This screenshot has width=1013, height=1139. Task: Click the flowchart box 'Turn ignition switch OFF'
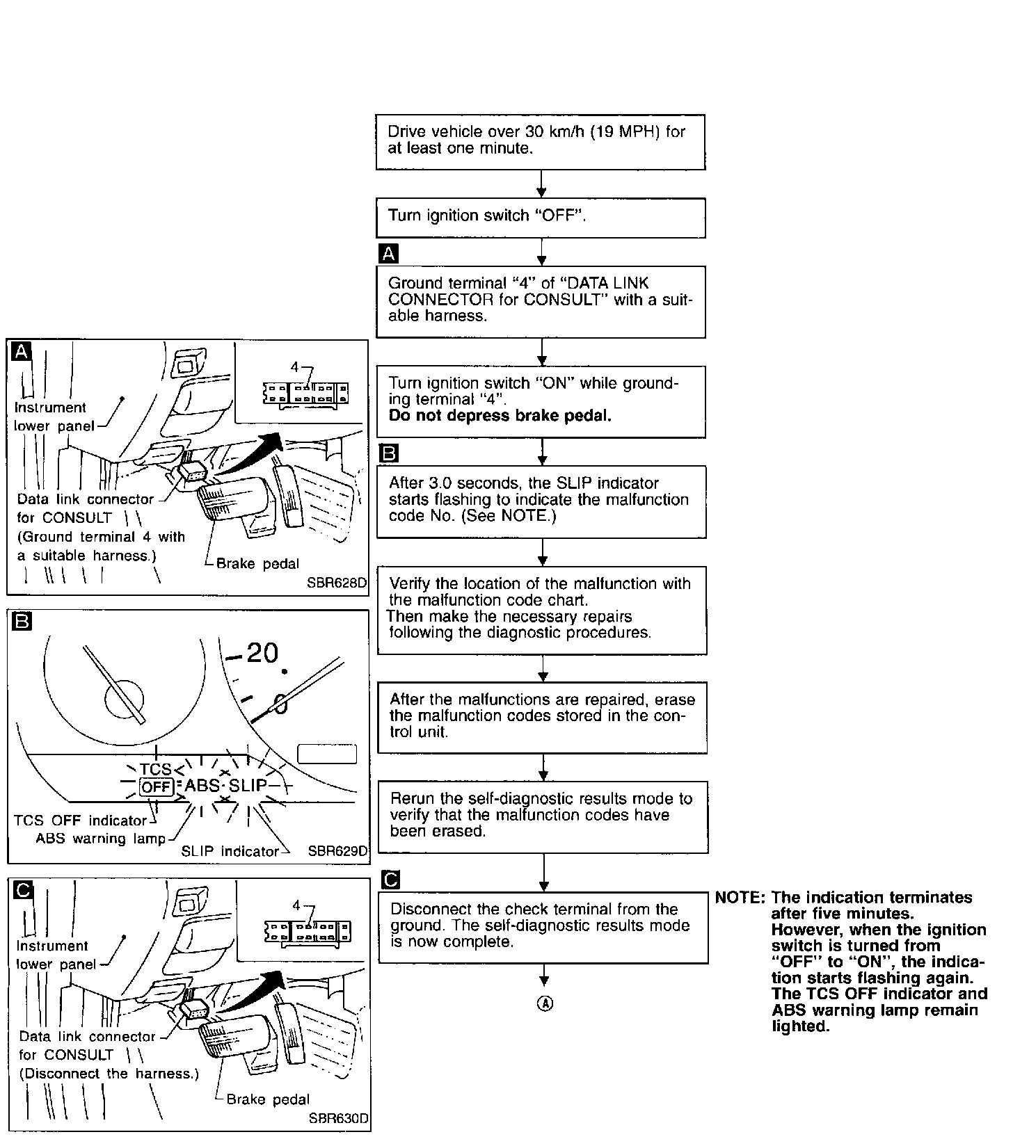pyautogui.click(x=541, y=217)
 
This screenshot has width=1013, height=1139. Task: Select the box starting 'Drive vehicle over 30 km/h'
pyautogui.click(x=541, y=141)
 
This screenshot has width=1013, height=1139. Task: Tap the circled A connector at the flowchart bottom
pyautogui.click(x=545, y=1003)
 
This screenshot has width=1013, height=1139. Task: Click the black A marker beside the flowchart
pyautogui.click(x=388, y=254)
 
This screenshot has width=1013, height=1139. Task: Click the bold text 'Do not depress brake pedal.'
pyautogui.click(x=500, y=416)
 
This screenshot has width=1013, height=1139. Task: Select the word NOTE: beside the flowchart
pyautogui.click(x=740, y=898)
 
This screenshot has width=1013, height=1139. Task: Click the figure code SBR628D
pyautogui.click(x=337, y=583)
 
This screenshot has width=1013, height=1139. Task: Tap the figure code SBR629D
pyautogui.click(x=338, y=850)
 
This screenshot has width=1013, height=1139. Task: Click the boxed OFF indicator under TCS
pyautogui.click(x=156, y=787)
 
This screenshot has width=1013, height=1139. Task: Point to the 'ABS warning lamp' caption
pyautogui.click(x=101, y=839)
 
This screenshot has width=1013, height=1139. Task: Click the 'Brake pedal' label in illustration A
pyautogui.click(x=257, y=563)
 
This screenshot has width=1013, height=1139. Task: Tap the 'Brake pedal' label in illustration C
pyautogui.click(x=268, y=1099)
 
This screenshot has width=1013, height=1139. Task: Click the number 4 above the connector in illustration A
pyautogui.click(x=295, y=366)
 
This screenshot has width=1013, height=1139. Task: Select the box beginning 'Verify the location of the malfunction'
pyautogui.click(x=542, y=609)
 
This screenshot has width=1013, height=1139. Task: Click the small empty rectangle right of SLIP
pyautogui.click(x=327, y=754)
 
